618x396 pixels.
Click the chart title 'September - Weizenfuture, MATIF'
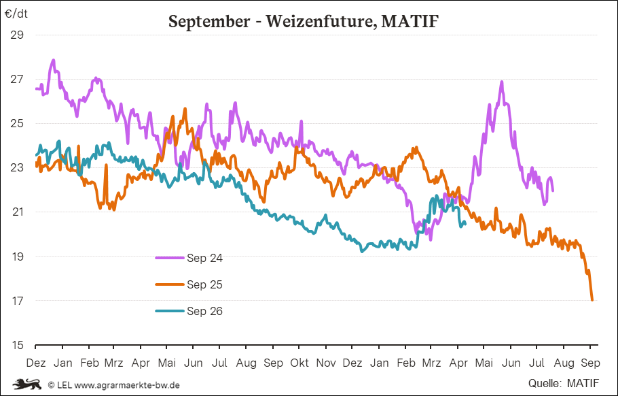(x=303, y=22)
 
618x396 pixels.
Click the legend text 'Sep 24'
(x=204, y=258)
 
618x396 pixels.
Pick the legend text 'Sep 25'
(x=204, y=284)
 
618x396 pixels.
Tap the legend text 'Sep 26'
(x=204, y=312)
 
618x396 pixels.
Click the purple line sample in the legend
(x=170, y=258)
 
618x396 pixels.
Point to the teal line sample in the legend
(x=170, y=312)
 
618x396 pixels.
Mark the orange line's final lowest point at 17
(x=592, y=300)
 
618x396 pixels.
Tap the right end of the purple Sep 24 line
(x=552, y=191)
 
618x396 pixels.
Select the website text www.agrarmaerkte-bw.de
(x=127, y=384)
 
